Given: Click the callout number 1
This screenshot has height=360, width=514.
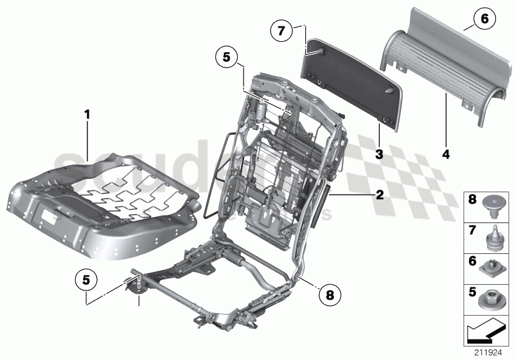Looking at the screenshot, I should tap(87, 115).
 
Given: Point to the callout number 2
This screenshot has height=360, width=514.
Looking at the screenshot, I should tap(380, 194).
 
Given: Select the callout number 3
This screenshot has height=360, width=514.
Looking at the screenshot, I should tap(380, 154).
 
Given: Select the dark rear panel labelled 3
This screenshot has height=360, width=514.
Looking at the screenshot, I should tap(350, 84).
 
